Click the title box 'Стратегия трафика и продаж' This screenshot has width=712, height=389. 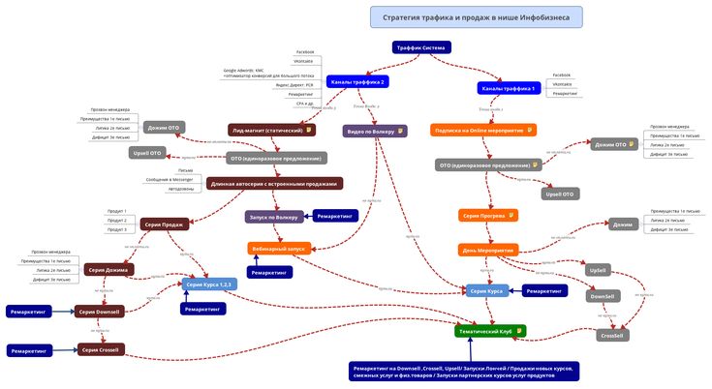(476, 17)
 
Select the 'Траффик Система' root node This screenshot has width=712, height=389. (421, 47)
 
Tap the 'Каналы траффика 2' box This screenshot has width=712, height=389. (357, 82)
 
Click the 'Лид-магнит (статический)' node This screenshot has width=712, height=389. (272, 129)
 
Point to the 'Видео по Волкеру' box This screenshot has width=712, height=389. (375, 131)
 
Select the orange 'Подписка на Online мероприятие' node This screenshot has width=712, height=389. (483, 130)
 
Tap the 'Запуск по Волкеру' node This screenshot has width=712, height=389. (276, 217)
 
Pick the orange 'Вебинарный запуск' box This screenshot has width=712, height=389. (278, 249)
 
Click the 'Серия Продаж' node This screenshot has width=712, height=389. (165, 224)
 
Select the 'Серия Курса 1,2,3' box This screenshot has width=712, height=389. (209, 284)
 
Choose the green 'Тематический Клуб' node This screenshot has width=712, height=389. (490, 331)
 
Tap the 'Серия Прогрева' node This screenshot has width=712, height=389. (488, 215)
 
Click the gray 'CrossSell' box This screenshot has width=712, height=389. (612, 335)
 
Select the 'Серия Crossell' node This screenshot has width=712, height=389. (101, 349)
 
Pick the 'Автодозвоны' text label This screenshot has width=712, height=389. (181, 189)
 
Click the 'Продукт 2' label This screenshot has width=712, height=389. (116, 220)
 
